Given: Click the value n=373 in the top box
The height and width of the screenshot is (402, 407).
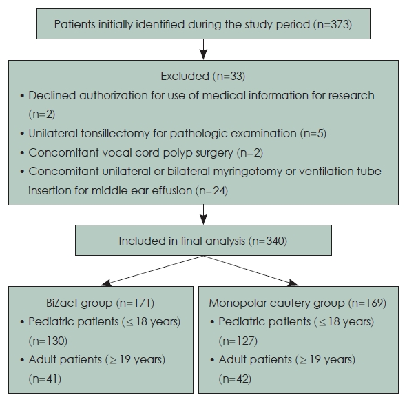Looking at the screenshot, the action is (x=333, y=24).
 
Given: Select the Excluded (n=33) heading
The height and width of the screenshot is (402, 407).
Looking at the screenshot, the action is (x=203, y=76).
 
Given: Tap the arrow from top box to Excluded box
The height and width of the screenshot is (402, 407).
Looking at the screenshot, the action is (x=204, y=50).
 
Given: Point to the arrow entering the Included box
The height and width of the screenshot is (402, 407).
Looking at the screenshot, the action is (x=204, y=214).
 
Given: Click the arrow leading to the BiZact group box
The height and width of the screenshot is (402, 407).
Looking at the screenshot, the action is (x=152, y=271).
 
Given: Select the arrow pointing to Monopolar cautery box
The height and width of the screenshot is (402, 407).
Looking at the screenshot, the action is (x=251, y=271).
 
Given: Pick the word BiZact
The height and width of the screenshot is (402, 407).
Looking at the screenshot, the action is (x=61, y=303).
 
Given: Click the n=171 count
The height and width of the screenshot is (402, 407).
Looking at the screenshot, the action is (x=135, y=303).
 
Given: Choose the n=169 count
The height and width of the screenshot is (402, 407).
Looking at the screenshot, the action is (x=367, y=303).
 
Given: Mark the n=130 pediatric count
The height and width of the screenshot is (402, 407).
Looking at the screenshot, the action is (x=48, y=341).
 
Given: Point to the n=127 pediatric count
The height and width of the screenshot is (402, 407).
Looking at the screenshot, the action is (x=238, y=341).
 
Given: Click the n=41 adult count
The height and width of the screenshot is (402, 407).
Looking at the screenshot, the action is (x=45, y=379).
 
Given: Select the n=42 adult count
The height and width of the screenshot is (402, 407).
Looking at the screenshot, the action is (x=235, y=379).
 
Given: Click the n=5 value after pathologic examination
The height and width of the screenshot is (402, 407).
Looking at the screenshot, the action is (x=313, y=134).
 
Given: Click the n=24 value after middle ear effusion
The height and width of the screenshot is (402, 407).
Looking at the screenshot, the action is (x=212, y=191).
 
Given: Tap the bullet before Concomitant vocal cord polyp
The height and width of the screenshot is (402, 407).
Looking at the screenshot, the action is (x=22, y=153).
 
